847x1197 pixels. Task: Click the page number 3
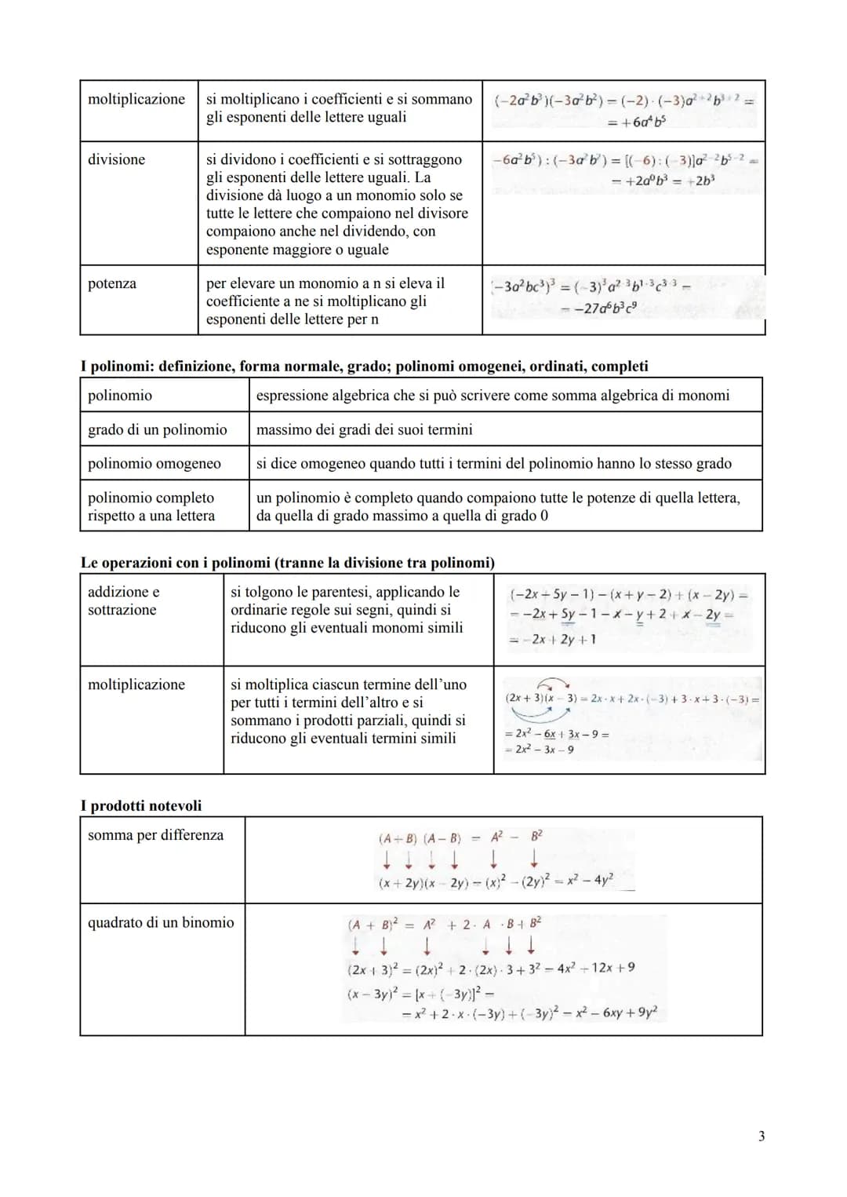point(761,1136)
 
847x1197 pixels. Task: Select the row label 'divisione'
point(116,159)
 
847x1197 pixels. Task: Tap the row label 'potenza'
point(111,283)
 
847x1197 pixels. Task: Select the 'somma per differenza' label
point(155,835)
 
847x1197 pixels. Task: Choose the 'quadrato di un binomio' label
point(161,922)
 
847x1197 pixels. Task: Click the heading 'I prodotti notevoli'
point(141,805)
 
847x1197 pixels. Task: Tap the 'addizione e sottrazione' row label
point(123,600)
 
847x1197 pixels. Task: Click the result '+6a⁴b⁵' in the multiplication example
point(637,122)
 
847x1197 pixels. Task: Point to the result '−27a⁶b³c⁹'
point(606,309)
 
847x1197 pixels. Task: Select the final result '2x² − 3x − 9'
point(542,750)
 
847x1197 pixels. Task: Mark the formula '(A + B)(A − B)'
point(420,838)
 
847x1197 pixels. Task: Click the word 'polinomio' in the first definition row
point(120,395)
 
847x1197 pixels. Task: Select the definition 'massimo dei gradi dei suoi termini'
point(364,429)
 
